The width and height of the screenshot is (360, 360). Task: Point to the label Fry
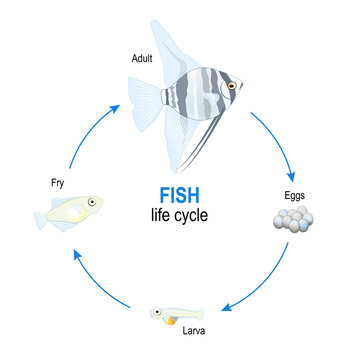[58, 183]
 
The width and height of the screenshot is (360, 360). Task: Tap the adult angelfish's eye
[232, 87]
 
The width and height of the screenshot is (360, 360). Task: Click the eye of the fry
[91, 203]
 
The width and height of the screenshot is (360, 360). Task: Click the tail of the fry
[38, 214]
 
